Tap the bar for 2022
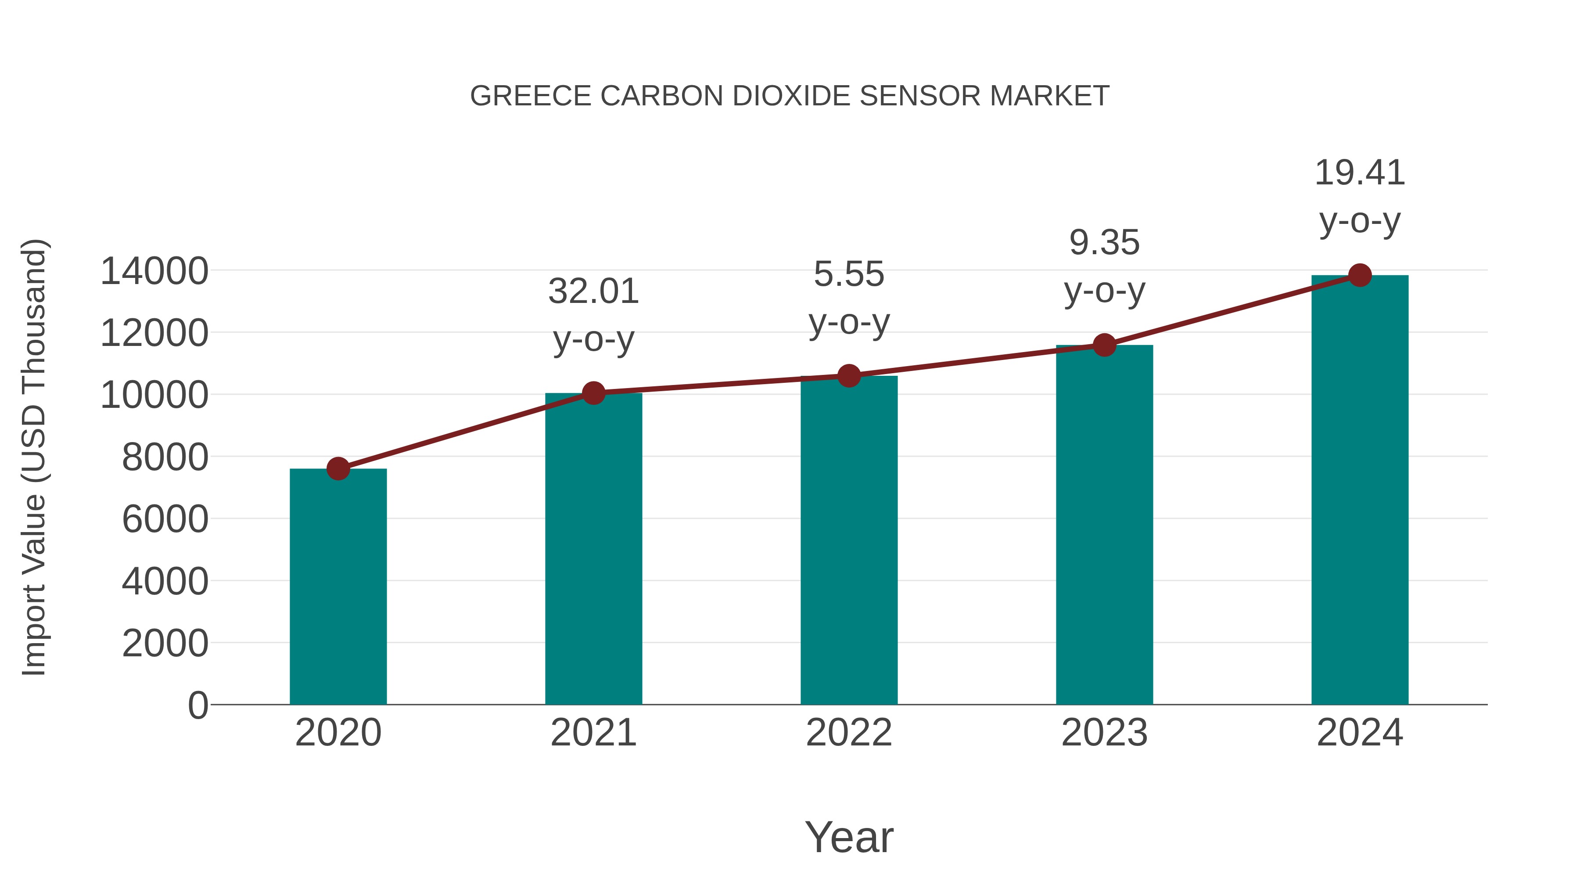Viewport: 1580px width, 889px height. click(x=849, y=540)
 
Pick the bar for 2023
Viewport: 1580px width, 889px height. click(x=1104, y=525)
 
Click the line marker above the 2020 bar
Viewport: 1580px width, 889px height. click(x=338, y=469)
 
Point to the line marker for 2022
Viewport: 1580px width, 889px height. click(x=849, y=375)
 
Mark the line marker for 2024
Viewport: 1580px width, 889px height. click(x=1360, y=275)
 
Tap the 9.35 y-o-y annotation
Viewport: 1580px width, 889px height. click(x=1104, y=266)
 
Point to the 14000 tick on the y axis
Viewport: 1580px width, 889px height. click(x=154, y=271)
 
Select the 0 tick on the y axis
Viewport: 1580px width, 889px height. click(x=197, y=705)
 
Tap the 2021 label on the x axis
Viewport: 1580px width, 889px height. click(x=593, y=733)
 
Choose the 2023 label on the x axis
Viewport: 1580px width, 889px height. click(x=1104, y=733)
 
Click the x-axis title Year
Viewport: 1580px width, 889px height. click(x=849, y=837)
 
